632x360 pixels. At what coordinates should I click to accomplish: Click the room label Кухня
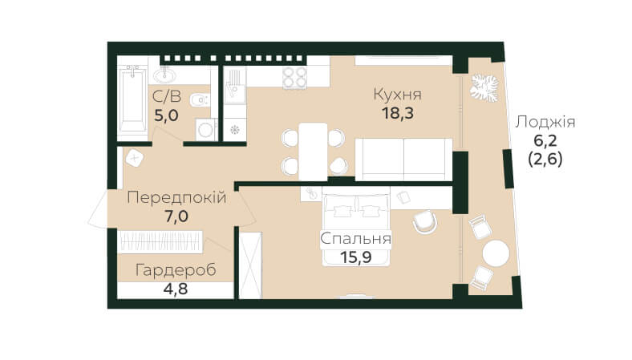398,95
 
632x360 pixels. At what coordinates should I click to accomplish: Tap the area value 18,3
398,114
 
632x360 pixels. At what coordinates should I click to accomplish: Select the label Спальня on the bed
355,239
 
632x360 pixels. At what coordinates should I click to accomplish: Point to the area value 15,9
355,257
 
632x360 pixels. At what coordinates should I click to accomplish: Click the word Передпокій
176,198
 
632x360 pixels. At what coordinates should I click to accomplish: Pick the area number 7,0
176,216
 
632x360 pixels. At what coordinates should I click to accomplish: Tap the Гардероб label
176,270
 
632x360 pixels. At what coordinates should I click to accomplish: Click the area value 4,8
176,289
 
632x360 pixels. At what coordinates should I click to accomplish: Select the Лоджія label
545,122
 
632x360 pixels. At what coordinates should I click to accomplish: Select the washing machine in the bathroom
206,129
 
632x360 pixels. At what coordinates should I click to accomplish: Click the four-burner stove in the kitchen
294,77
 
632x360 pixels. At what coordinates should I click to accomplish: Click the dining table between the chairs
313,152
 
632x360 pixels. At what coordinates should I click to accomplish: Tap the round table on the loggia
496,253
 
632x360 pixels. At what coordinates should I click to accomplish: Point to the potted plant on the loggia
484,87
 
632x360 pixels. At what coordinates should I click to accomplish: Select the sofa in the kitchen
403,160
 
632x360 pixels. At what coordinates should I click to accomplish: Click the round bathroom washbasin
164,75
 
